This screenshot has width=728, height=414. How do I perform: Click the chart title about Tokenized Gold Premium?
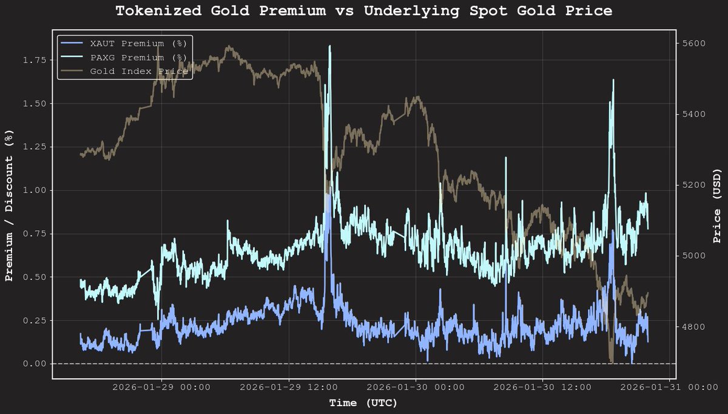click(363, 11)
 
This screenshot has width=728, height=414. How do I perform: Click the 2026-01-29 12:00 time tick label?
click(288, 387)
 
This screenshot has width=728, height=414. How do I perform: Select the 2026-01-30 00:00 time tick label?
click(416, 387)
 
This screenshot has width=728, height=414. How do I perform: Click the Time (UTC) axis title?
click(363, 402)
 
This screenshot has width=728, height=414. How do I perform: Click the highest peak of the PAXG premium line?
click(330, 46)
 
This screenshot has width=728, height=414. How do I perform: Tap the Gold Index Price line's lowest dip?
click(612, 362)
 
